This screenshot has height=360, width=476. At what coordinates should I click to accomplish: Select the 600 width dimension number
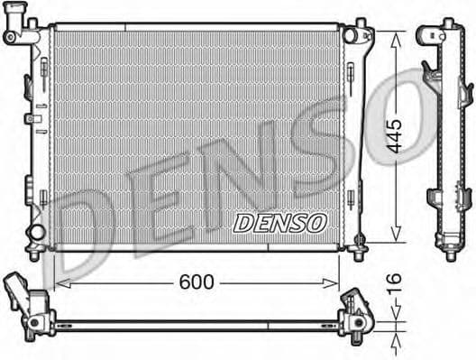pos(197,282)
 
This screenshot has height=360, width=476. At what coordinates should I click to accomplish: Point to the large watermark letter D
pos(86,226)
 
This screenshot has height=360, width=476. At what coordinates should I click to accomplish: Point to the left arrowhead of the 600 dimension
pos(60,282)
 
